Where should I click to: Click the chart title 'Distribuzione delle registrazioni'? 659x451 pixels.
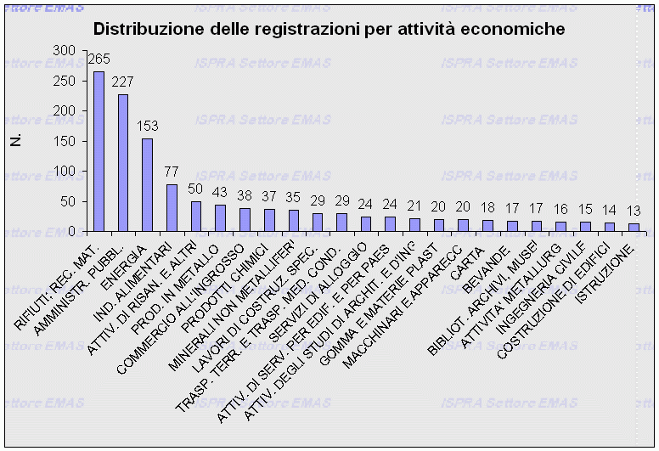click(x=329, y=29)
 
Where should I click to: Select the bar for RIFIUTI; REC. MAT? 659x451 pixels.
click(x=99, y=151)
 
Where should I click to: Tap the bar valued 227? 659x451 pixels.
click(x=123, y=162)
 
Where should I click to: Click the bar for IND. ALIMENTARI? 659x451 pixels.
click(x=172, y=207)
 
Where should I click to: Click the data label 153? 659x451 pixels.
click(x=148, y=127)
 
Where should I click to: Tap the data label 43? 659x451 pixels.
click(x=221, y=193)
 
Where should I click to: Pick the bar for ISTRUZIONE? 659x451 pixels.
click(x=634, y=227)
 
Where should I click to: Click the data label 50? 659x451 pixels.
click(x=196, y=189)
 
